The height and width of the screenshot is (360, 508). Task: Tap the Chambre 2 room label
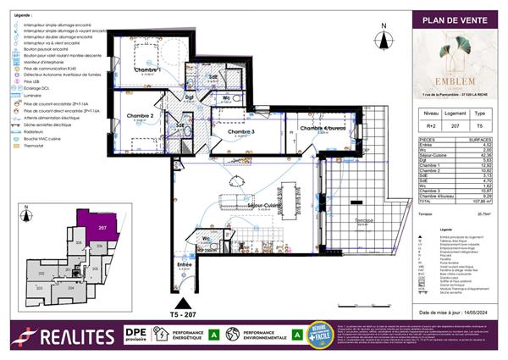(x=140, y=116)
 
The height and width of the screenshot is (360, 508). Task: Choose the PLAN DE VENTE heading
(x=458, y=20)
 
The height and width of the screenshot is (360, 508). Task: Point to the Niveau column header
(x=431, y=112)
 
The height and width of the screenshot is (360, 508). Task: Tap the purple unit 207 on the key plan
(x=101, y=229)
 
